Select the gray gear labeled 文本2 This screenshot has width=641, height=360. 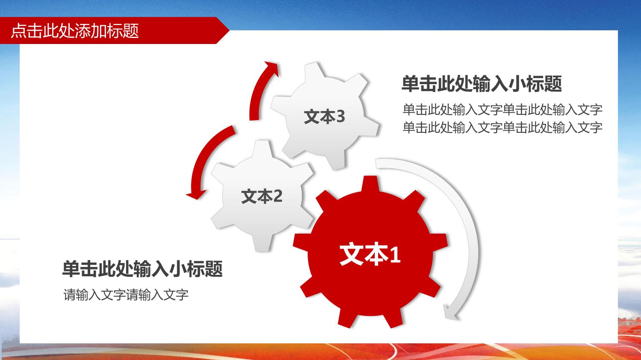(262, 196)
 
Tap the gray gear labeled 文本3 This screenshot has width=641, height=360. (324, 116)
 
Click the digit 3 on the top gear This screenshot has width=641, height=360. (340, 117)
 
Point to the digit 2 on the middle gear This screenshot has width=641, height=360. (277, 196)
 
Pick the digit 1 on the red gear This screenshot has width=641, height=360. (395, 255)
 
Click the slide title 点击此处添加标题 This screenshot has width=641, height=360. (75, 31)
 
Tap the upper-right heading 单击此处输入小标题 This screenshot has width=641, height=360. (482, 84)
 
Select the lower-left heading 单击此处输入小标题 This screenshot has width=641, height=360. (142, 269)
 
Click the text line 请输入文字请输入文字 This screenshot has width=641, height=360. (126, 295)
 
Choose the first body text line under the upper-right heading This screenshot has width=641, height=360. (503, 109)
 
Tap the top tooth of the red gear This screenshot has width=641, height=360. (370, 184)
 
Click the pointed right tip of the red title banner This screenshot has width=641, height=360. (229, 30)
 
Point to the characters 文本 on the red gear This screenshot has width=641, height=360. (364, 254)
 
